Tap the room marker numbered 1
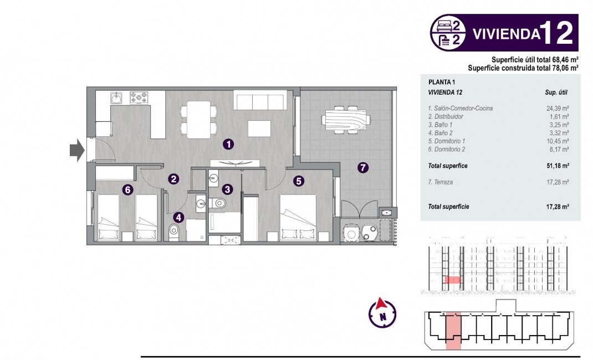point(228,144)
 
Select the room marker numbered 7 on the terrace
point(363,168)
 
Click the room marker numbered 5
point(298,181)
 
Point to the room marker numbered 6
point(127,190)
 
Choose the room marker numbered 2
point(174,179)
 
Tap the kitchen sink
point(117,99)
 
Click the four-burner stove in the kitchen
point(140,98)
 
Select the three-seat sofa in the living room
point(260,101)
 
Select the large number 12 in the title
point(556,33)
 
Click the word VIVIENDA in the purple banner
point(506,34)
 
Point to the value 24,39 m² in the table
point(558,109)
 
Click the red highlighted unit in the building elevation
point(453,280)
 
